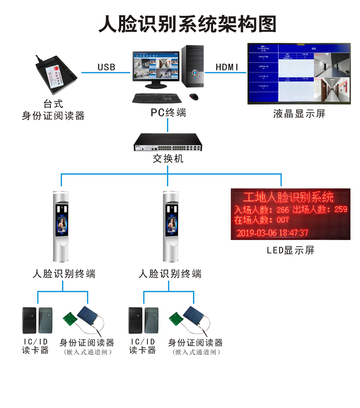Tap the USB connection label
pos(107,67)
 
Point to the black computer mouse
pos(194,97)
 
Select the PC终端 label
pos(168,113)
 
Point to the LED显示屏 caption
pos(290,250)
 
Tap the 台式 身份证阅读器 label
pos(53,110)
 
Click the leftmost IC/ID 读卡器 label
pos(36,346)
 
